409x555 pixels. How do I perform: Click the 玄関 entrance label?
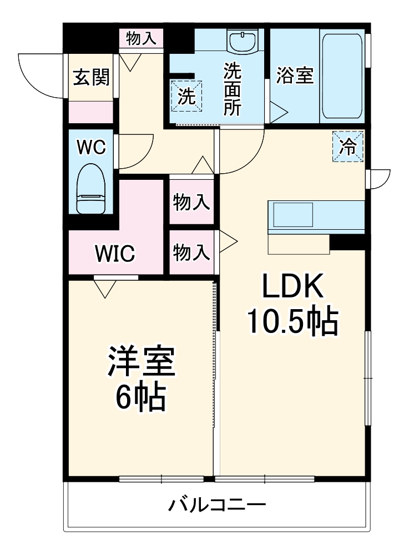(92, 78)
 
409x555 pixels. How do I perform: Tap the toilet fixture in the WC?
(90, 189)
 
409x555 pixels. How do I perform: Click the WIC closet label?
(115, 254)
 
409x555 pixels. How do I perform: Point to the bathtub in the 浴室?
(342, 76)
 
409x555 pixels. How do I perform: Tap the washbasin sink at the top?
(242, 42)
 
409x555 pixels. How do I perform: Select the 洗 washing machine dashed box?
(187, 96)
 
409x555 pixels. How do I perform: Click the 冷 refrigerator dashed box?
(348, 147)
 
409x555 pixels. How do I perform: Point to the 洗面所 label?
(232, 89)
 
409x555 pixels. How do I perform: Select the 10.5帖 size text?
(292, 321)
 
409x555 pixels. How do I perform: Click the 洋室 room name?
(141, 362)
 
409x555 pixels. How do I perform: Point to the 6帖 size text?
(140, 396)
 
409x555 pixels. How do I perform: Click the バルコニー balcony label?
(217, 506)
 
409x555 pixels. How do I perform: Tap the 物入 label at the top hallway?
(141, 39)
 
